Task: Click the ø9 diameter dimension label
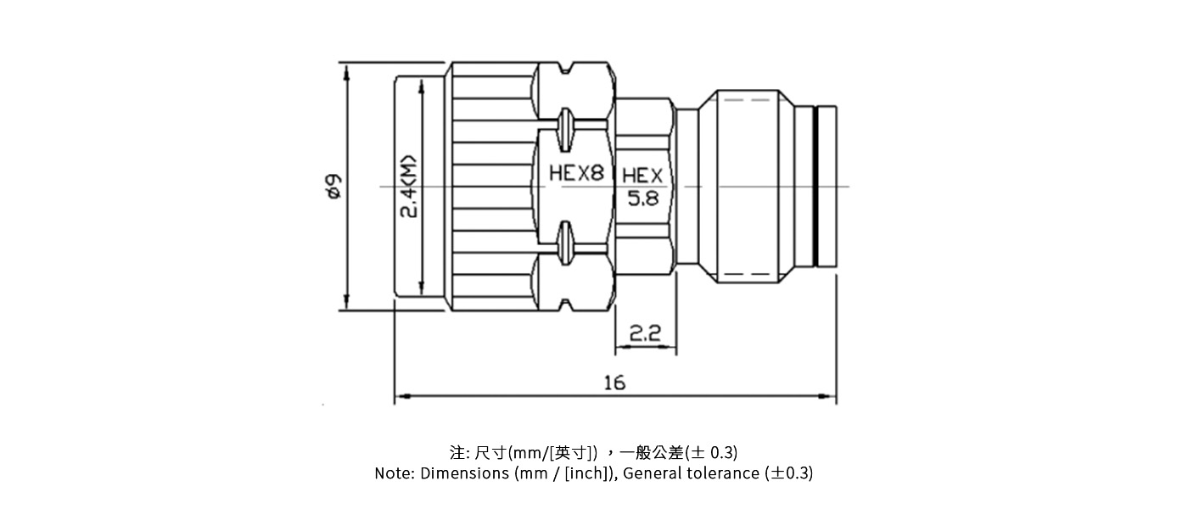[334, 186]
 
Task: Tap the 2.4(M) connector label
[409, 187]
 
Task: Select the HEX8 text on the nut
[576, 173]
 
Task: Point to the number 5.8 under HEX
[643, 199]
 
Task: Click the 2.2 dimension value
[646, 333]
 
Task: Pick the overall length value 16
[614, 383]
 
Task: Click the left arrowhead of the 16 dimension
[401, 396]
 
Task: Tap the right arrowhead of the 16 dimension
[828, 396]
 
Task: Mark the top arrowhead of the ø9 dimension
[346, 71]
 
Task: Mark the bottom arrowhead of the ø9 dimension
[346, 301]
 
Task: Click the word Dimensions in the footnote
[465, 473]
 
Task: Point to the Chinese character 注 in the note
[457, 452]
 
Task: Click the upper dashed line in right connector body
[747, 100]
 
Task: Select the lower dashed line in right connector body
[747, 274]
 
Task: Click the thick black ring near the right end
[815, 186]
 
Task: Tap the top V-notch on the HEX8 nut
[565, 68]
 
